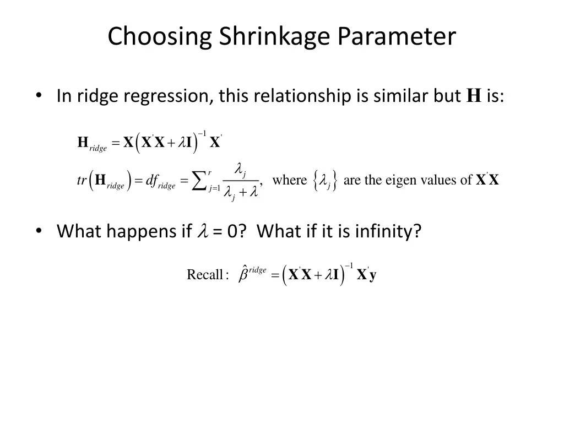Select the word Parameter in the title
coord(397,37)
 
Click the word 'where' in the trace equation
coord(290,180)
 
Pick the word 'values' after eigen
coord(444,180)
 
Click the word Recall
coord(204,275)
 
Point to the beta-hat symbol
coord(243,274)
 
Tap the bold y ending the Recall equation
coord(373,275)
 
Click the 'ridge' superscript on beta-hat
coord(258,269)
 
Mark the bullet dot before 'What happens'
coord(39,231)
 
